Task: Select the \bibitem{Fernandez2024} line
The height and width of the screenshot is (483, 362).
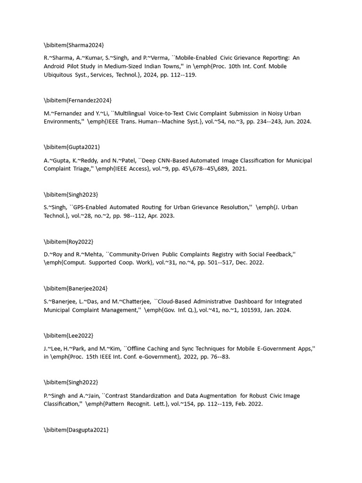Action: pyautogui.click(x=78, y=100)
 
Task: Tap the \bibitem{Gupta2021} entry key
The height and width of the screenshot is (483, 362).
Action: pyautogui.click(x=72, y=147)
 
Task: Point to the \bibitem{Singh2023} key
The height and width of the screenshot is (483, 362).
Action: pyautogui.click(x=71, y=194)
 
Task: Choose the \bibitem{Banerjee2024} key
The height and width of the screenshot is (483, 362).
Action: pyautogui.click(x=76, y=288)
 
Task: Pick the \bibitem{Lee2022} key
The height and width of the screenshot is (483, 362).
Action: pyautogui.click(x=69, y=335)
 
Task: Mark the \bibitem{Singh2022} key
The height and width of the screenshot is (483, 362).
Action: pyautogui.click(x=71, y=383)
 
